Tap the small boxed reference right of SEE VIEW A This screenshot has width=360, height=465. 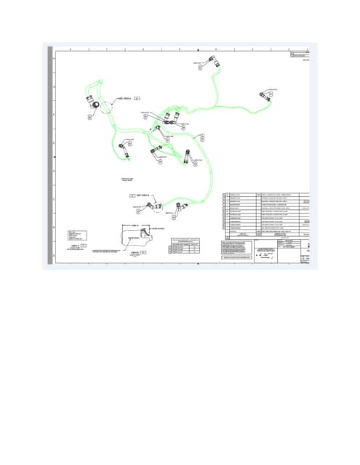click(137, 98)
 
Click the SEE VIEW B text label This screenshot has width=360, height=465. click(143, 195)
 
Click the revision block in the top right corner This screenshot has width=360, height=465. click(299, 55)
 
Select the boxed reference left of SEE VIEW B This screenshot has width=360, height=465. click(132, 195)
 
